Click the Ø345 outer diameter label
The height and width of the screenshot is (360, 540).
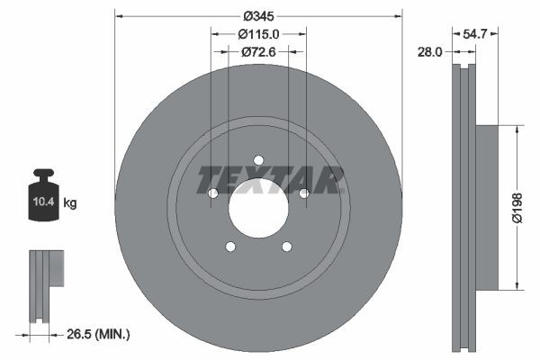click(x=258, y=16)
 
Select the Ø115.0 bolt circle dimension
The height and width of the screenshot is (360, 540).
click(x=258, y=34)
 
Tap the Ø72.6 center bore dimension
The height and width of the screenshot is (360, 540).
click(x=258, y=52)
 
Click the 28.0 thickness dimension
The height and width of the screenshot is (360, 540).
click(x=431, y=52)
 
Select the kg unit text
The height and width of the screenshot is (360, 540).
click(x=70, y=204)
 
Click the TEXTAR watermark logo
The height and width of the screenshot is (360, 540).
click(x=270, y=179)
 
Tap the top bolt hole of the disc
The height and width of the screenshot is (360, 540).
click(x=258, y=160)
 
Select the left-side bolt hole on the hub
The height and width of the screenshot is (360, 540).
click(x=213, y=193)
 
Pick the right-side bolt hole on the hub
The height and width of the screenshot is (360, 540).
click(x=303, y=193)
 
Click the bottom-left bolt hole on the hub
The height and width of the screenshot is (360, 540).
click(x=230, y=247)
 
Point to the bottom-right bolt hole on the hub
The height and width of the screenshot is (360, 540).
click(x=286, y=247)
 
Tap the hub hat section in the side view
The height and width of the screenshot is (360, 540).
click(x=485, y=207)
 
